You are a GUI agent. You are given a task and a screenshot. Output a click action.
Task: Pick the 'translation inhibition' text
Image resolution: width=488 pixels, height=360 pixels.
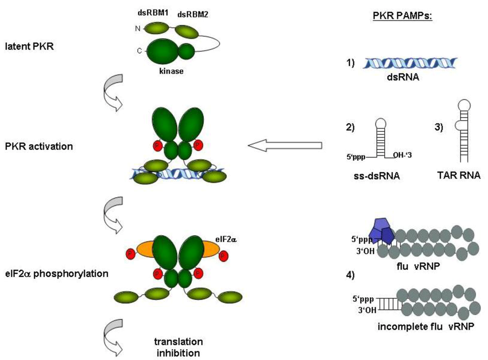[x=178, y=347]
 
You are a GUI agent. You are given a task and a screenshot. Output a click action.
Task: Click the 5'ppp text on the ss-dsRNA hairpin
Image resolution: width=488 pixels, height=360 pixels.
[x=356, y=155]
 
